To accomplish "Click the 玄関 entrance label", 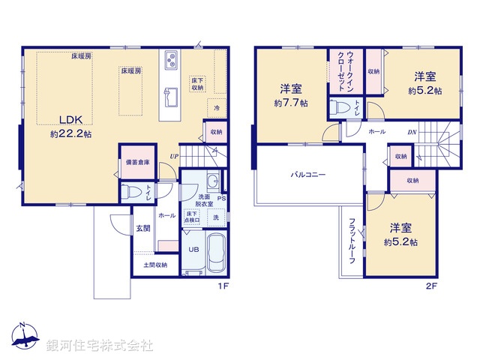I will [142, 229].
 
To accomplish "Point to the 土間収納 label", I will [156, 264].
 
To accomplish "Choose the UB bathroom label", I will [193, 250].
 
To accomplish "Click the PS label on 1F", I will [221, 199].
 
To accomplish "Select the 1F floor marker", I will [222, 286].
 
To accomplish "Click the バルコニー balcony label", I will [308, 174].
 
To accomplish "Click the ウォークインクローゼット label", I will [340, 71].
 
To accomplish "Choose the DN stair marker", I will [412, 133].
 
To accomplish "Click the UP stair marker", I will [173, 156].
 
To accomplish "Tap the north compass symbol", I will [25, 337].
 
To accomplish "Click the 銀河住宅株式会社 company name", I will [99, 346].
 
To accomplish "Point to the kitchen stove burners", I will [170, 60].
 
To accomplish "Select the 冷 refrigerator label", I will [216, 108].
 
